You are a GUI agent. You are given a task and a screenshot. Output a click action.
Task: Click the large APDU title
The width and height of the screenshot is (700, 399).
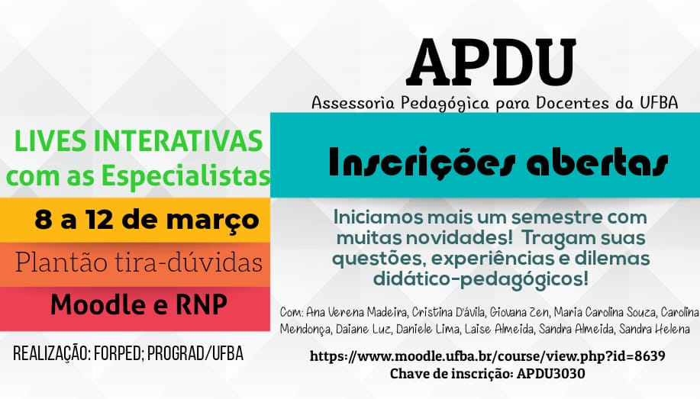(492, 63)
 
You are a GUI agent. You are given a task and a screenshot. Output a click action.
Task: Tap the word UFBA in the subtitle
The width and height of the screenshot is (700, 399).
(659, 103)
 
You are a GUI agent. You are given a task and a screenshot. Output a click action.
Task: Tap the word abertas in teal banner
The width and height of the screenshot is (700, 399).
(597, 163)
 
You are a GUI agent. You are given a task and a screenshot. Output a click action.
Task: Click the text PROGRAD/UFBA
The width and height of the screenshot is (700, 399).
(195, 353)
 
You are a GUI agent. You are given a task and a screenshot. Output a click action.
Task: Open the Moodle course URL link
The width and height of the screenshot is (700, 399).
(488, 356)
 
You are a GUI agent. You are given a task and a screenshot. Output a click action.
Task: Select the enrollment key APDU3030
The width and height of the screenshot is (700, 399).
(551, 374)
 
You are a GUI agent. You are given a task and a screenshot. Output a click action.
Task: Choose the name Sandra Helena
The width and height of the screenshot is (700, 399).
(654, 330)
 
